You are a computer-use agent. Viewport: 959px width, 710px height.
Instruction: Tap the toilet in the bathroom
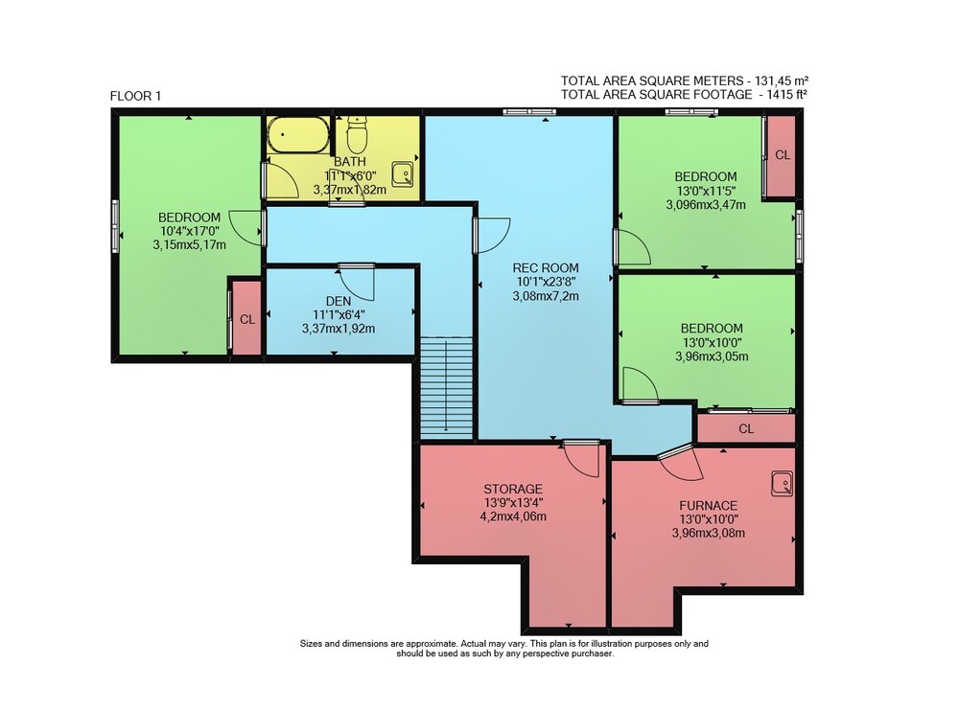(x=357, y=135)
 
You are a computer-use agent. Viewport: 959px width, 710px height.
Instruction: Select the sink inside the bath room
(x=403, y=174)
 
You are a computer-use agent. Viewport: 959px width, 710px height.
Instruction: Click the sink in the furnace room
(x=782, y=483)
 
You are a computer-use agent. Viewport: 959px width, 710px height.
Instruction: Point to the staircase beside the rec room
(x=447, y=388)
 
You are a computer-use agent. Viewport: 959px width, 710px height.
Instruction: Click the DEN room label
(x=339, y=301)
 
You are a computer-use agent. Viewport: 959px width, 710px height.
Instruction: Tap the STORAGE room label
(x=513, y=489)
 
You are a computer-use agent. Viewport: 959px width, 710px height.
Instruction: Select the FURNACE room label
(x=709, y=506)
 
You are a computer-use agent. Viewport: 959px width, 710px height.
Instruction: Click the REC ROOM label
(x=546, y=267)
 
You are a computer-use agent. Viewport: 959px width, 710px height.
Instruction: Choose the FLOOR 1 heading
(x=136, y=96)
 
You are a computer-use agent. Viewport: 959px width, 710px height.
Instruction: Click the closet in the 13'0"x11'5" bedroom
(x=781, y=155)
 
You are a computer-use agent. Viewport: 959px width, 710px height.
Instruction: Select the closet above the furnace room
(x=746, y=428)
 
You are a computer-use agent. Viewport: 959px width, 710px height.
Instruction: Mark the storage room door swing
(x=581, y=458)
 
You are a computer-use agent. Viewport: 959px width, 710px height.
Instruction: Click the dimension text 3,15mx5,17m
(x=190, y=245)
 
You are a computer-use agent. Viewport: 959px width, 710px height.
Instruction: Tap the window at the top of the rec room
(x=529, y=111)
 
